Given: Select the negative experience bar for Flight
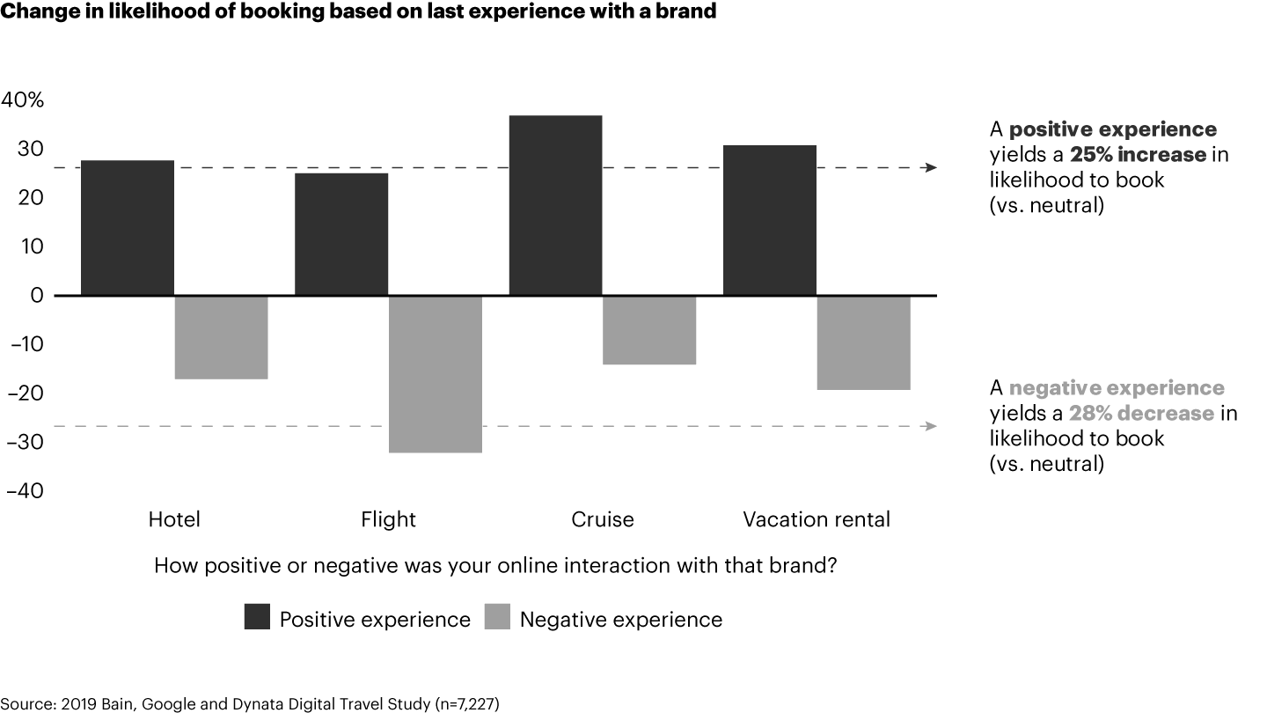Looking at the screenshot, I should (x=435, y=374).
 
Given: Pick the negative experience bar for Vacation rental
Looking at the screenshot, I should (x=863, y=342).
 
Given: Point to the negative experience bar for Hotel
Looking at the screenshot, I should (x=221, y=337).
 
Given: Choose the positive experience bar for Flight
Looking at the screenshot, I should (x=341, y=234).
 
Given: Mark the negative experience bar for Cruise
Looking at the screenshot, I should (x=649, y=330).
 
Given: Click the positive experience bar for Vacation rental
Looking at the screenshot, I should (x=769, y=220).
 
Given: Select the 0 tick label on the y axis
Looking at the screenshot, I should (x=36, y=296).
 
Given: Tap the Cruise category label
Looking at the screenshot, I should (x=603, y=519).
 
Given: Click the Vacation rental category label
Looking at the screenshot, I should (x=817, y=519).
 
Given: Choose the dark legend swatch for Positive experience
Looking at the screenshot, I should (x=256, y=618).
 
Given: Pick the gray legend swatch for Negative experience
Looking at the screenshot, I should (x=497, y=618).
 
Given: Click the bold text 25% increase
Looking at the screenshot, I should (x=1137, y=155).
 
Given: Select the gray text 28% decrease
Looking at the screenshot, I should (x=1141, y=414).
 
